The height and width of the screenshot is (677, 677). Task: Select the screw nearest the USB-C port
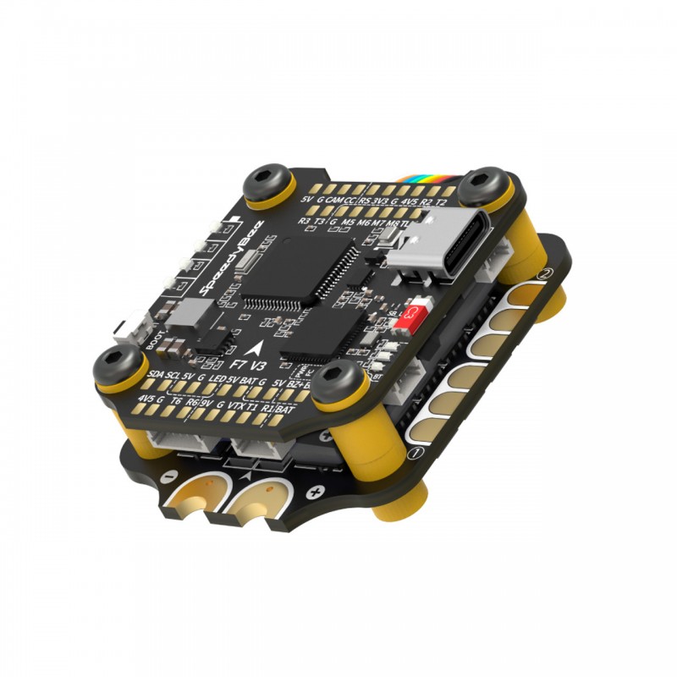[x=479, y=181]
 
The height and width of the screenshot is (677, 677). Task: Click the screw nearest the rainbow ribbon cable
[x=479, y=181]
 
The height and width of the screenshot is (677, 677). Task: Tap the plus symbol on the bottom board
[x=316, y=490]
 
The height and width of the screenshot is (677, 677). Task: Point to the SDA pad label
[x=156, y=373]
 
